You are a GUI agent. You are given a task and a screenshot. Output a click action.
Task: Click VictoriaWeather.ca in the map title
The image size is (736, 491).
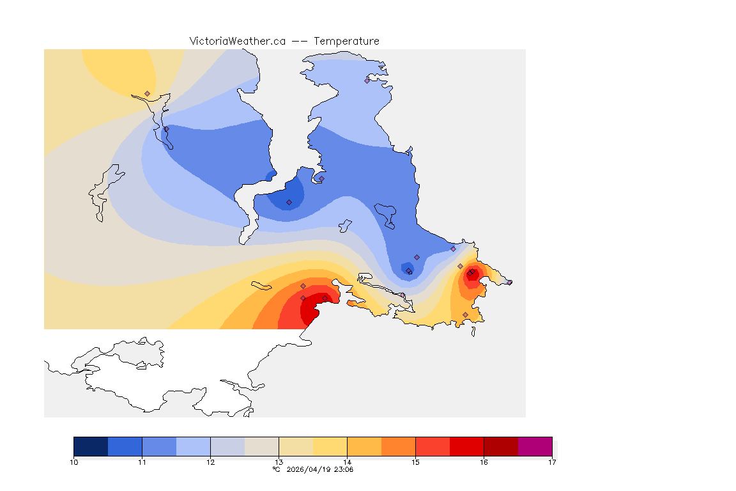237,41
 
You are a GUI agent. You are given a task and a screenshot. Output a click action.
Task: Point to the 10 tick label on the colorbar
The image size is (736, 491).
74,462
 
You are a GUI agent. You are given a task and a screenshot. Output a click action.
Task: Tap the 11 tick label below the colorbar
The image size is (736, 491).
142,462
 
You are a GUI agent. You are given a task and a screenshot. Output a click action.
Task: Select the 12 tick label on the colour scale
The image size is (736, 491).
210,462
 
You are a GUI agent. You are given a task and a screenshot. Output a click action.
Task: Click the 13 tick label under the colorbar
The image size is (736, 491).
279,462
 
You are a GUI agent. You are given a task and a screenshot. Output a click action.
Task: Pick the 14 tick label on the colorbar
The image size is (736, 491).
347,462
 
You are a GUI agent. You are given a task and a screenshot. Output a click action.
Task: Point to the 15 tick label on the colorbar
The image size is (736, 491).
415,462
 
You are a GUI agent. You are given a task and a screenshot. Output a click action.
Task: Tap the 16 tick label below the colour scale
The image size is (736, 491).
484,462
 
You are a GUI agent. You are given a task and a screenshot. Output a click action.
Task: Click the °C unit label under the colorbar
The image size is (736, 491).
277,469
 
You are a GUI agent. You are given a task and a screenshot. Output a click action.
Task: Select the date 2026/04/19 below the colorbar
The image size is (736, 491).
308,469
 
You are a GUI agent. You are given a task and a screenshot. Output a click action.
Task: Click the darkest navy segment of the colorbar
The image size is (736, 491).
91,446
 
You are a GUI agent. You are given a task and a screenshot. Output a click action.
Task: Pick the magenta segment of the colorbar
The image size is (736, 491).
535,446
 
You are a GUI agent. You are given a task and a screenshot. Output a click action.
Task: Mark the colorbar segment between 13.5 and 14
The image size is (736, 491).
330,446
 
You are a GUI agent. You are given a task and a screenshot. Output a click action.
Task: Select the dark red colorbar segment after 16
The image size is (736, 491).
501,446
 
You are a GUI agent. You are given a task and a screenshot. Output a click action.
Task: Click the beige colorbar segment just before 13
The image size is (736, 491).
261,446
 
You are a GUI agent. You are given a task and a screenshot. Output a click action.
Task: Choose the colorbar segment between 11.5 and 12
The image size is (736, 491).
193,446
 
